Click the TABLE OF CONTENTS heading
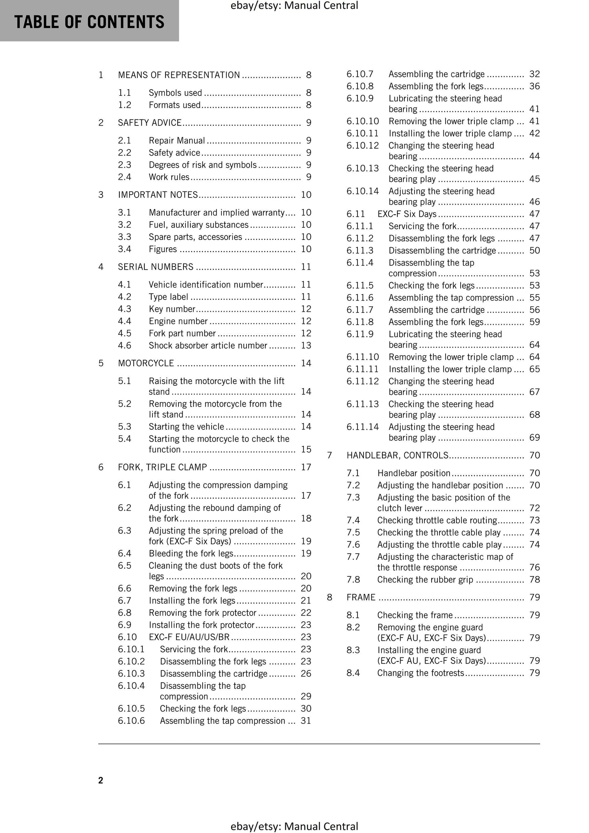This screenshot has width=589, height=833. pos(89,22)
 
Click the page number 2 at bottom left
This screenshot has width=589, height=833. pos(101,780)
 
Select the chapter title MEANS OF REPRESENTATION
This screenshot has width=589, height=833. pos(179,75)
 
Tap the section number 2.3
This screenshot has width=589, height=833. pos(124,165)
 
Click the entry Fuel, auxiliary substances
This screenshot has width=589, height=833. pos(199,225)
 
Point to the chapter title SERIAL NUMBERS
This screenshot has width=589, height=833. pos(156,267)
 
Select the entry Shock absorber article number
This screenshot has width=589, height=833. pos(208,345)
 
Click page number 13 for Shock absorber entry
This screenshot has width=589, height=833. pos(306,345)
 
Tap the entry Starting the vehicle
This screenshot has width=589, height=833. pos(186,426)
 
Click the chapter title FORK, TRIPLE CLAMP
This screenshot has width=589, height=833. pos(162,467)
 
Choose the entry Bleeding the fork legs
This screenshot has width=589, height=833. pos(191,553)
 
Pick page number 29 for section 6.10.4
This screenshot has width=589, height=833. pos(306,696)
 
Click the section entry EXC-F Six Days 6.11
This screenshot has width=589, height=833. pos(407,214)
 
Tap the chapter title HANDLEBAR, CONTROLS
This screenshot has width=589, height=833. pos(397,455)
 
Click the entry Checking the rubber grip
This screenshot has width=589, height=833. pos(425,580)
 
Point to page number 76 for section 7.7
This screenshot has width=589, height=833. pos(534,567)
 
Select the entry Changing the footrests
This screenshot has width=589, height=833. pos(421,673)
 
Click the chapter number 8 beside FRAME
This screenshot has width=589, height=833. pos(330,597)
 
